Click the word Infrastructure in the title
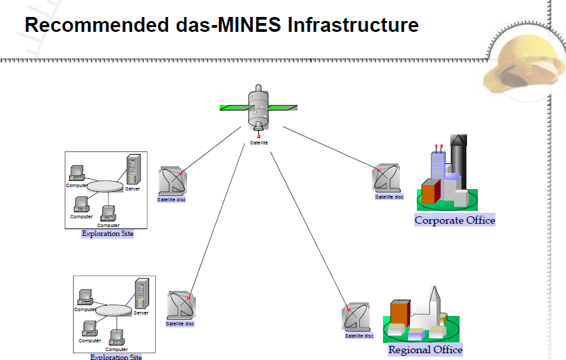[353, 26]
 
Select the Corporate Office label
[455, 220]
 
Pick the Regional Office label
[425, 350]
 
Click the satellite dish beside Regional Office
[357, 317]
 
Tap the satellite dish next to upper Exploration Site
[172, 182]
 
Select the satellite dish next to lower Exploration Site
[181, 305]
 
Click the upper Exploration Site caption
[107, 234]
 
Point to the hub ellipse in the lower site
[113, 310]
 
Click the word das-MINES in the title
[224, 26]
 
